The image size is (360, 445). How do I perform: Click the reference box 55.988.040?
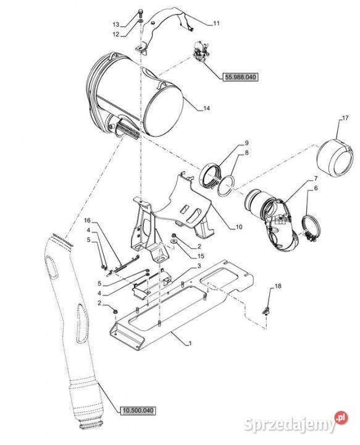coord(240,77)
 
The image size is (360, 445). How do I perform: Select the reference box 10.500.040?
coord(138,410)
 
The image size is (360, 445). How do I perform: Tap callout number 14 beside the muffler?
coord(207,108)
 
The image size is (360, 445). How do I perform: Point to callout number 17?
coord(345,118)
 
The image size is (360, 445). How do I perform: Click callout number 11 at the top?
coord(216,23)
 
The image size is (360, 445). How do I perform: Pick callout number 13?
coord(116,25)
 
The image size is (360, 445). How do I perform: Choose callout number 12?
coord(116,35)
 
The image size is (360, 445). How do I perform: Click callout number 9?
coord(246,143)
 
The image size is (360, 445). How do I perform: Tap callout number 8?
coord(246,153)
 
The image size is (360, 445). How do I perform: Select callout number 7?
coord(316,179)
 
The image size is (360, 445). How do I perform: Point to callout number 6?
coord(316,188)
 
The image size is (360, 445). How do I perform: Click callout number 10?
coord(239,227)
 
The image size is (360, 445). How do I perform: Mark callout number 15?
coord(201,256)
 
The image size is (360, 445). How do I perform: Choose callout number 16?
coord(87,221)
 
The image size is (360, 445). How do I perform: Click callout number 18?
coord(278,286)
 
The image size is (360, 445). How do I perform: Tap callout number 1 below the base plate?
coord(190,344)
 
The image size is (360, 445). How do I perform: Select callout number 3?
coord(199,266)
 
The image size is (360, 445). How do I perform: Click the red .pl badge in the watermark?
coord(341,417)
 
